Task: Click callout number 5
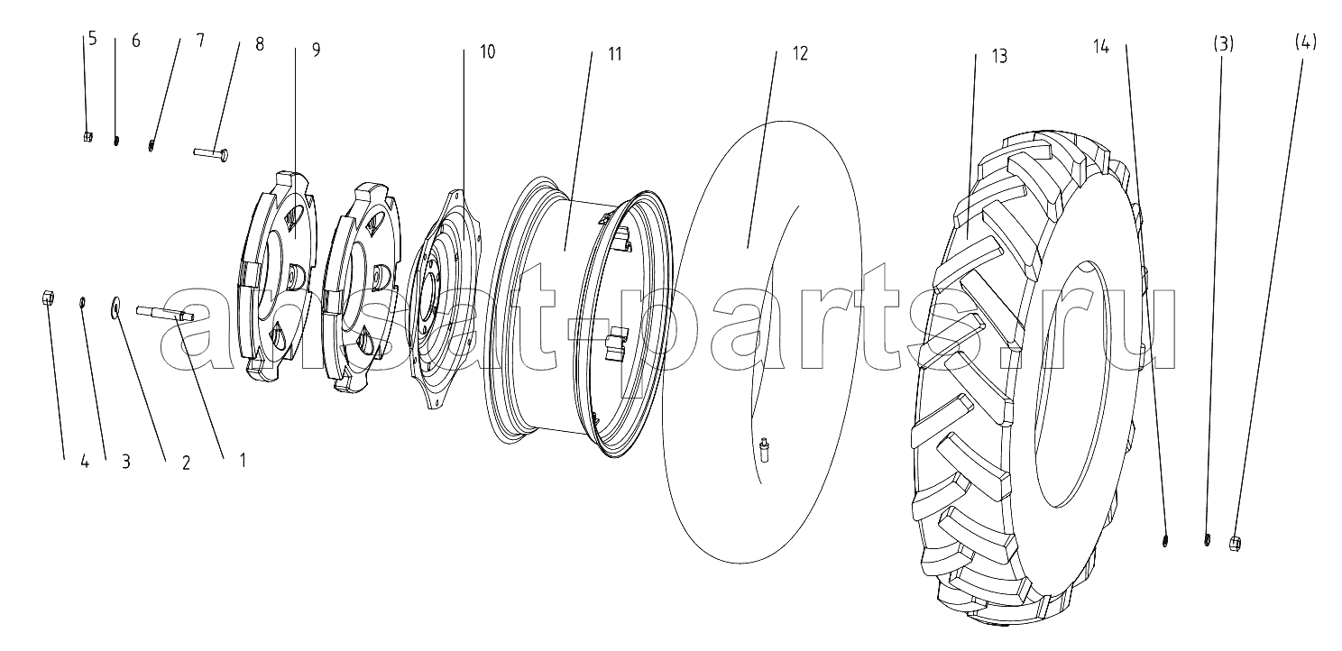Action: point(92,39)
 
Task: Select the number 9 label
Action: point(316,50)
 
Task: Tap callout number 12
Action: point(800,53)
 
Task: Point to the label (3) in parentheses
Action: point(1223,43)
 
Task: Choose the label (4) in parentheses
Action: point(1305,41)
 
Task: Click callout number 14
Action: point(1101,47)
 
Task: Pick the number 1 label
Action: point(242,461)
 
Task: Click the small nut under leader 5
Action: point(87,137)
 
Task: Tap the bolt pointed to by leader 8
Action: point(210,154)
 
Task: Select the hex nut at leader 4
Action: point(49,297)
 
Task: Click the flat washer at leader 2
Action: point(114,307)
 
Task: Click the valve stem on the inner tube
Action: point(765,450)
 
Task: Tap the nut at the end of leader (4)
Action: point(1234,544)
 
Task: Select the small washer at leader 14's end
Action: point(1165,541)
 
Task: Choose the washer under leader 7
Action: point(152,145)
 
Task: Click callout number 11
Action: point(615,54)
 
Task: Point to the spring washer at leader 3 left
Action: point(83,301)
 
